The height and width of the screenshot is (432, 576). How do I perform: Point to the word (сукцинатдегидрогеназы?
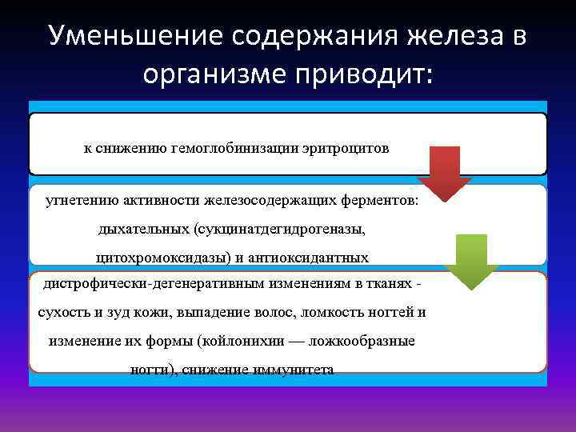(x=278, y=229)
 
